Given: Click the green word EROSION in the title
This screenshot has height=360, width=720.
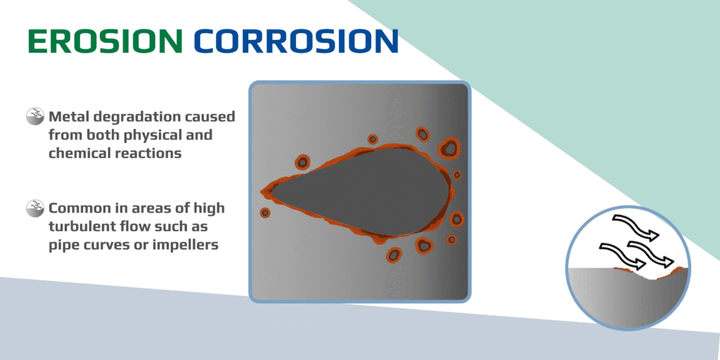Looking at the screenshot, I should point(104,41).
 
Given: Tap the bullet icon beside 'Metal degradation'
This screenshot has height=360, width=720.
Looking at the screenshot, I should point(35,117).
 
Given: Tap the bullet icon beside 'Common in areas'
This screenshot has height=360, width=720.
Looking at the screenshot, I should point(35,208).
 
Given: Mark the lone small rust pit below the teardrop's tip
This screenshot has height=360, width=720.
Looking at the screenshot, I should point(265,212).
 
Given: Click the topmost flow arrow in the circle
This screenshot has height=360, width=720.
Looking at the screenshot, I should point(636,227).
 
